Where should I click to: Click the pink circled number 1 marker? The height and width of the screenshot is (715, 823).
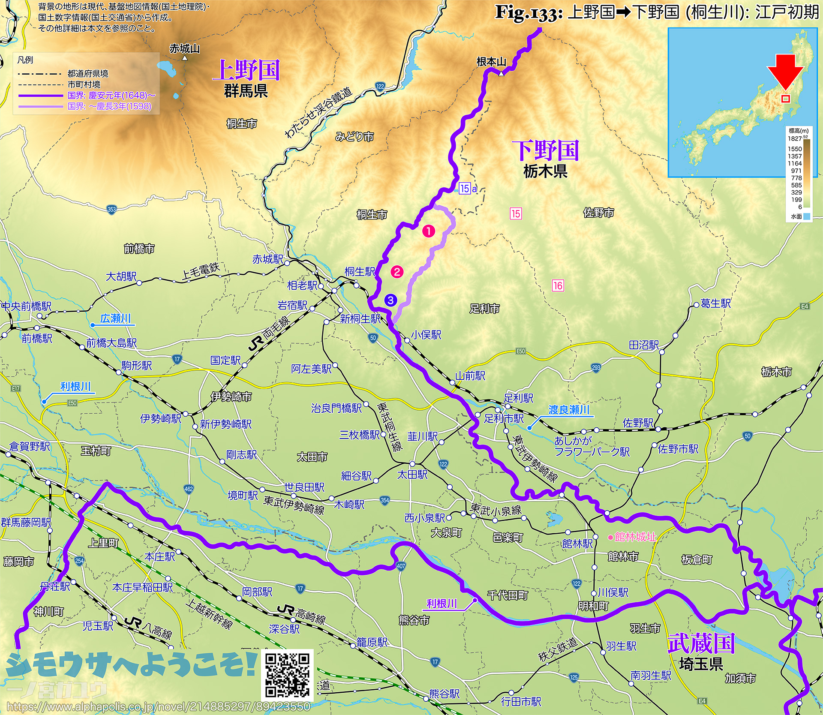[429, 231]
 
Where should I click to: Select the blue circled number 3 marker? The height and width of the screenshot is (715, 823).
[390, 300]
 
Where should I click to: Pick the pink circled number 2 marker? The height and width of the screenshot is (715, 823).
[397, 271]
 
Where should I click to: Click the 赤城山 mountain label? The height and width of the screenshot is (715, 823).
[184, 49]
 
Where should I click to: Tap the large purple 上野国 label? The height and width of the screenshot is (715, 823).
[246, 70]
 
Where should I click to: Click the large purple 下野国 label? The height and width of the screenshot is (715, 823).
[545, 150]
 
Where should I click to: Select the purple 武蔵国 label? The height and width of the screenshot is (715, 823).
[701, 643]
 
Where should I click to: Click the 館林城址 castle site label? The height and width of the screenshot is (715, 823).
[635, 537]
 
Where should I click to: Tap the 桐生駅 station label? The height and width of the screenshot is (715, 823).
[360, 272]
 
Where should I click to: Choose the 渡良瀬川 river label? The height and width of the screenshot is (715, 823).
[569, 410]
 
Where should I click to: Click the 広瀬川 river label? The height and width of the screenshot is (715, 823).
[115, 318]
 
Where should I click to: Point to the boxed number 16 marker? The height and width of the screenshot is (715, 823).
[558, 285]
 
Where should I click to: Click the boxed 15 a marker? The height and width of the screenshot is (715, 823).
[468, 189]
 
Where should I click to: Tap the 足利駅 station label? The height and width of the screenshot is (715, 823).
[519, 398]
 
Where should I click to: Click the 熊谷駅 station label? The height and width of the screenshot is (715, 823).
[445, 694]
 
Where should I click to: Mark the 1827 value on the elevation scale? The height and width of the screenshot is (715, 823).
[794, 138]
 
